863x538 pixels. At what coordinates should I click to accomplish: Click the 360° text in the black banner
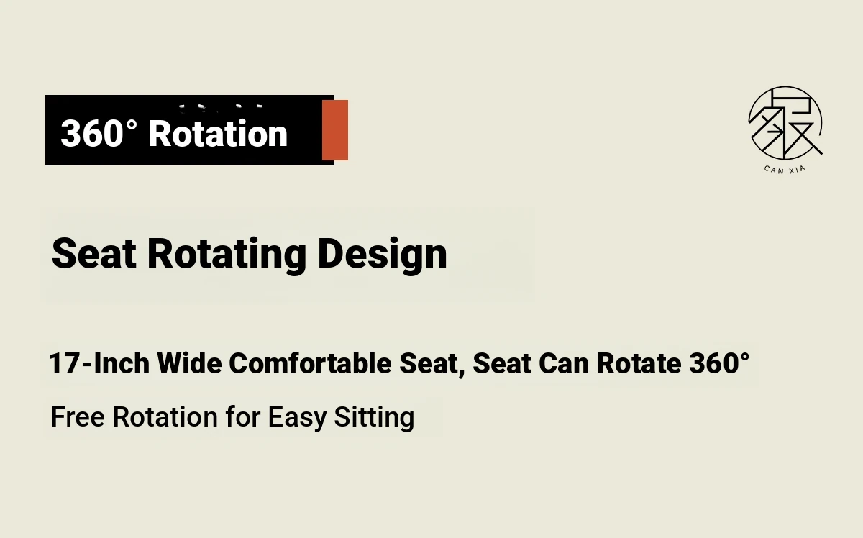click(x=99, y=133)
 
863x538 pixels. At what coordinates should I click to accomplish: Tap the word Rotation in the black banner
click(x=218, y=133)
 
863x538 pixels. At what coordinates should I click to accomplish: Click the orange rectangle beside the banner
click(x=335, y=130)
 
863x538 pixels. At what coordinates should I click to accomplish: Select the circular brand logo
click(x=785, y=123)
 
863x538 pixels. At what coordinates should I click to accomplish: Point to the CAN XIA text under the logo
click(x=785, y=170)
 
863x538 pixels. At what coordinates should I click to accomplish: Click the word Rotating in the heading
click(x=227, y=255)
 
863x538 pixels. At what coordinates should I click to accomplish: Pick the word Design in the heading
click(x=382, y=255)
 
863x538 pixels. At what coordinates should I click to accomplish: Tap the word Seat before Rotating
click(x=94, y=254)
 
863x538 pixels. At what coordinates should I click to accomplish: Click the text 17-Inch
click(x=99, y=363)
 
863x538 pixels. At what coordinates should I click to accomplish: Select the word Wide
click(x=190, y=363)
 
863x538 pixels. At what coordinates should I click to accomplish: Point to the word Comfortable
click(x=310, y=363)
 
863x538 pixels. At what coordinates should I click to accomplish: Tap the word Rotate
click(x=639, y=363)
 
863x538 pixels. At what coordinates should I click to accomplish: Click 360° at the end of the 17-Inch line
click(x=719, y=363)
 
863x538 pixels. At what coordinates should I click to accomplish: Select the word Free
click(x=78, y=417)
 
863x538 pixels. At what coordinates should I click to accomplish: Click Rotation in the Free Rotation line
click(x=165, y=417)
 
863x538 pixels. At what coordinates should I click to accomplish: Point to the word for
click(x=243, y=417)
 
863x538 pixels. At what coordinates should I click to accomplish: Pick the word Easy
click(x=298, y=419)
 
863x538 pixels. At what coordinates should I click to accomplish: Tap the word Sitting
click(x=374, y=419)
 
